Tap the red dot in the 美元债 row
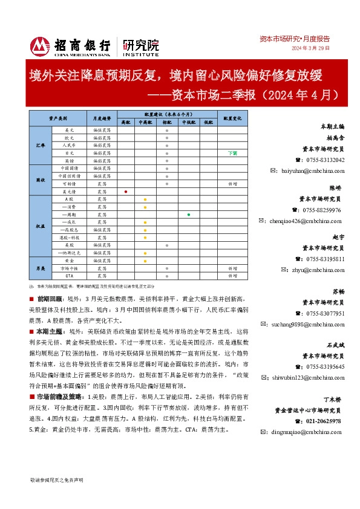(125, 191)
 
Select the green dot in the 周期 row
(189, 215)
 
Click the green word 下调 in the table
(232, 153)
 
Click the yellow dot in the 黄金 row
(145, 260)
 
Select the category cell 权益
(41, 225)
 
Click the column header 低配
(208, 122)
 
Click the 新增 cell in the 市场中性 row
(232, 268)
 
